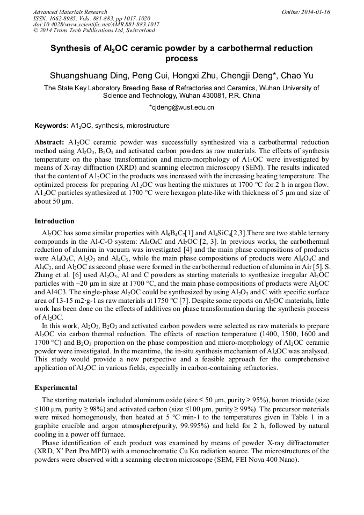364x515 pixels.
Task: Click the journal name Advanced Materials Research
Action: point(70,12)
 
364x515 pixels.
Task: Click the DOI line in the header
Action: point(96,25)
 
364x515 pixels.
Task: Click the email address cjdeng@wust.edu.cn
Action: point(183,107)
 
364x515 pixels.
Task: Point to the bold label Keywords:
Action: point(52,126)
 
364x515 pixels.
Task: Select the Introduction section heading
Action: point(54,221)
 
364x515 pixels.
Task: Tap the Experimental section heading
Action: point(56,387)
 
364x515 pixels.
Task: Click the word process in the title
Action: point(181,59)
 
